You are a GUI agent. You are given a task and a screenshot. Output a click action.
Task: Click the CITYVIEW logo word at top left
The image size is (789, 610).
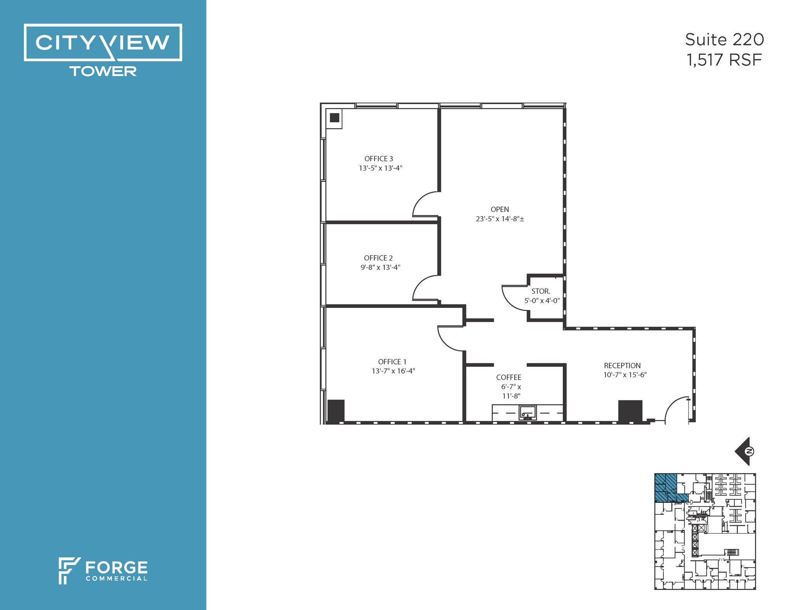(x=102, y=42)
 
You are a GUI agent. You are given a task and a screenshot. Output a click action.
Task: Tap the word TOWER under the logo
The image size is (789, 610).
(x=103, y=71)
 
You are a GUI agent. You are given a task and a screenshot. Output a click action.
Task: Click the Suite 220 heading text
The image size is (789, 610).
(x=724, y=40)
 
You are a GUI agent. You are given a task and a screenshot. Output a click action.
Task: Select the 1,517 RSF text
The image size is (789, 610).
(x=724, y=60)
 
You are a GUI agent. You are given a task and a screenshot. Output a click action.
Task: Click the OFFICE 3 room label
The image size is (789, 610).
(x=379, y=159)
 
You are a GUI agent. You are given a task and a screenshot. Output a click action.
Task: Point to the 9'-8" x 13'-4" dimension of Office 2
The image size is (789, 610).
(x=380, y=267)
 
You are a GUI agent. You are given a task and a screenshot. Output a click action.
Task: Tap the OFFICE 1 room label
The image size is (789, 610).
(x=392, y=362)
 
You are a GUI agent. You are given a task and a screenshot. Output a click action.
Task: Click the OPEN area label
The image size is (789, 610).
(x=500, y=209)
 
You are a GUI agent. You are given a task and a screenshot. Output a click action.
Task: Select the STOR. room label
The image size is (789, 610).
(x=541, y=291)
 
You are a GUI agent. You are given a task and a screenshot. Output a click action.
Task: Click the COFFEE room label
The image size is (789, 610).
(x=509, y=377)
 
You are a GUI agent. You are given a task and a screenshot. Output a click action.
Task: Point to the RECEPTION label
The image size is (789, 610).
(x=622, y=365)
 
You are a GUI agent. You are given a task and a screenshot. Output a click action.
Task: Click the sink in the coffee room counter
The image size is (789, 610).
(x=527, y=412)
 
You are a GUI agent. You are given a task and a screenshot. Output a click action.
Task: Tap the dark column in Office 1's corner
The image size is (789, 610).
(x=336, y=411)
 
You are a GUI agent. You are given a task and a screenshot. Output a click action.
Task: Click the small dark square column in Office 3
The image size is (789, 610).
(x=334, y=118)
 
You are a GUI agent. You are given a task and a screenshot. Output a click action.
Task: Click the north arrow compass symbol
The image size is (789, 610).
(x=744, y=451)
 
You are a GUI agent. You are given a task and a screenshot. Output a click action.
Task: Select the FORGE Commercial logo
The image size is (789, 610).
(x=103, y=570)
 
